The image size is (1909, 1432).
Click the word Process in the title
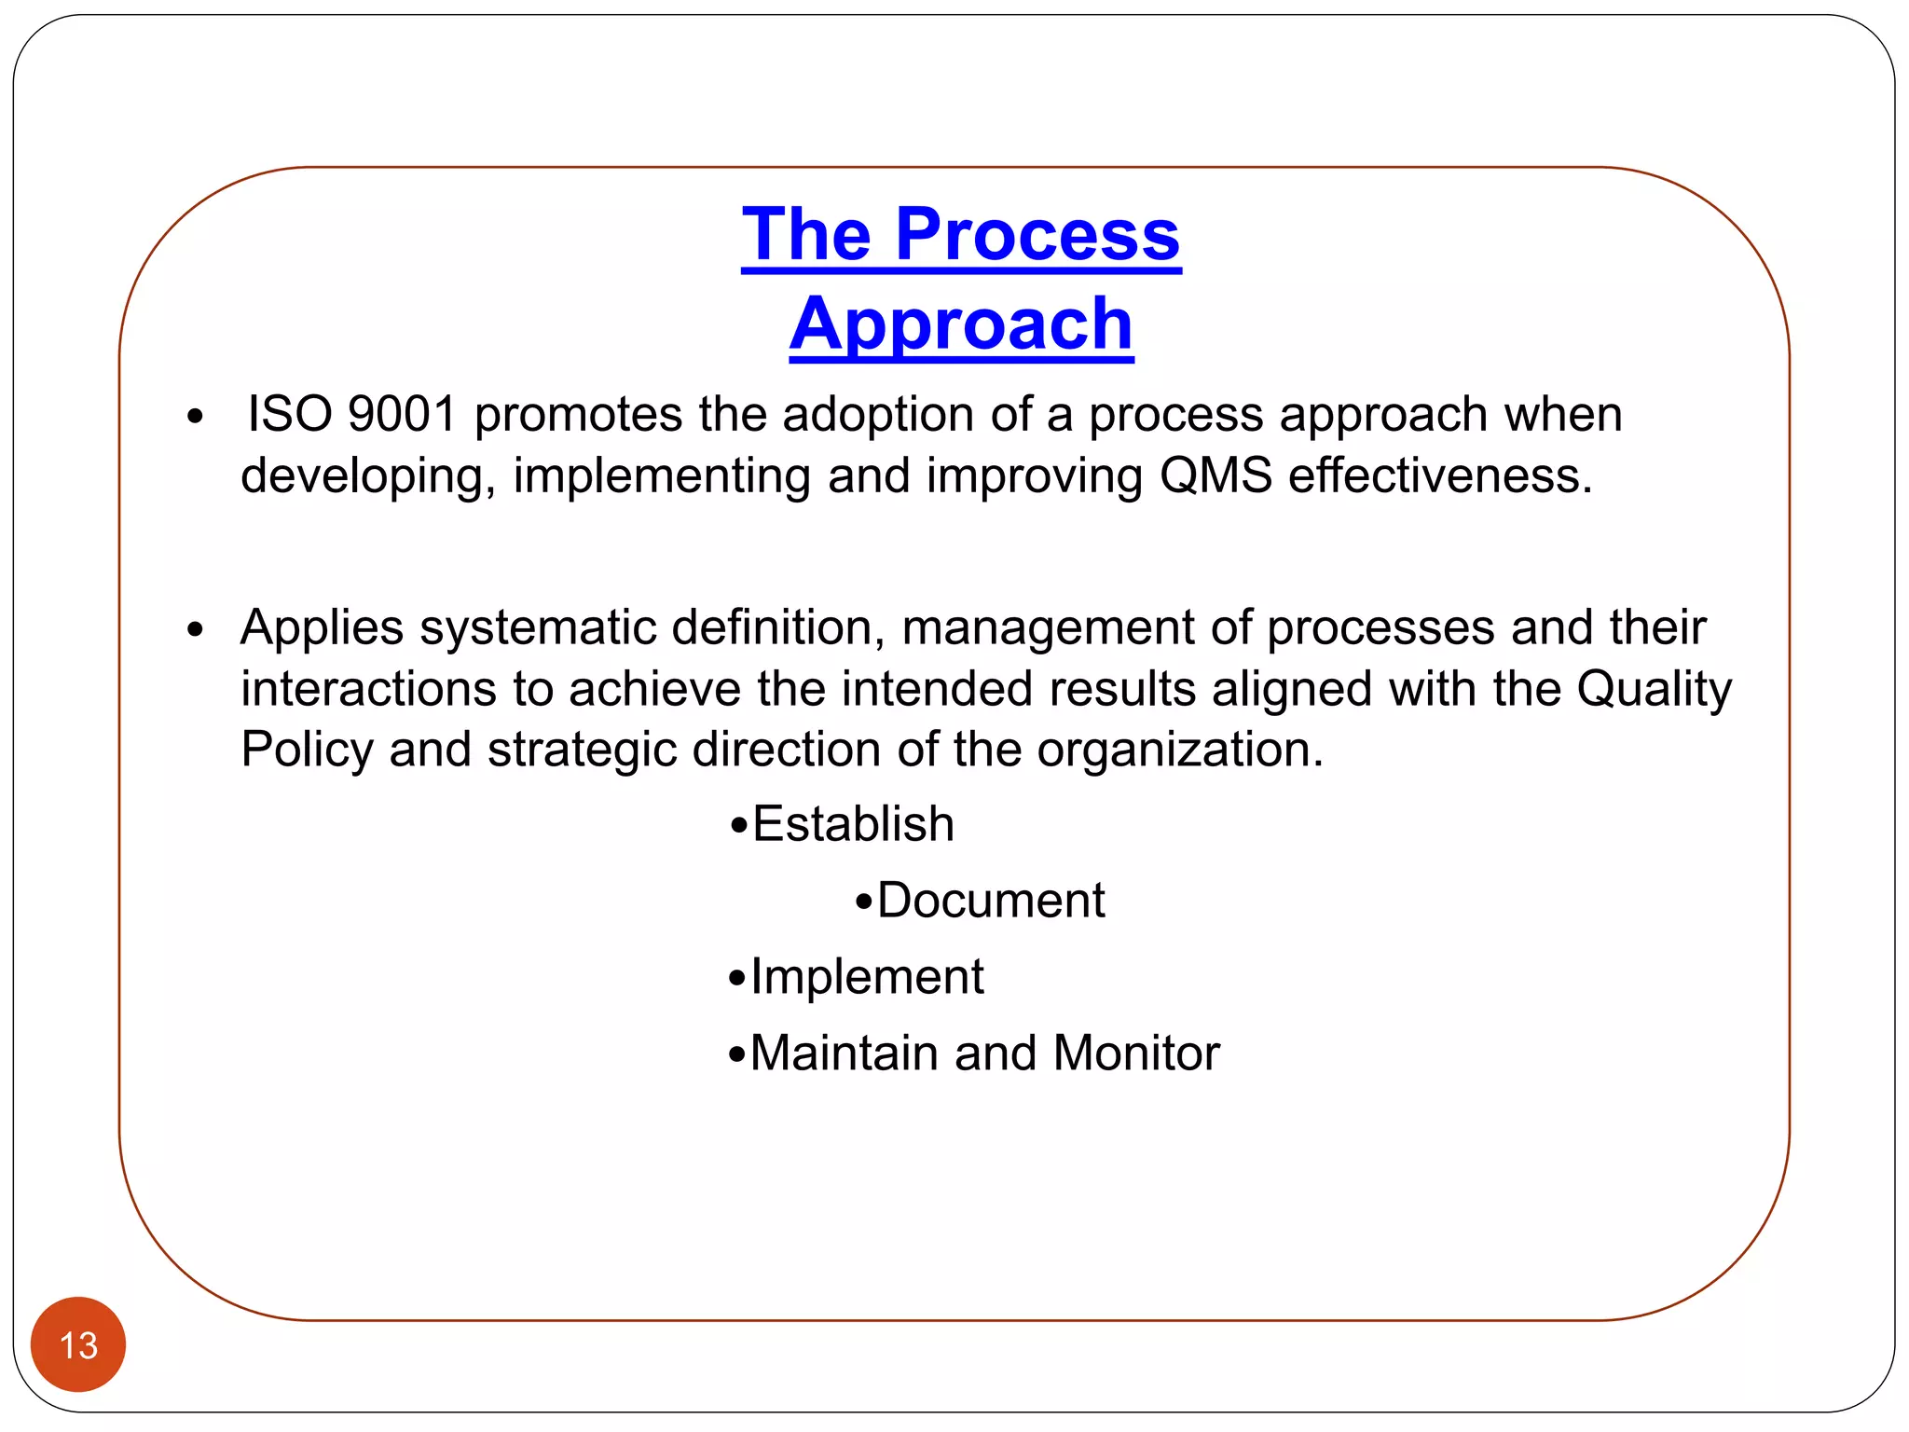pos(1037,235)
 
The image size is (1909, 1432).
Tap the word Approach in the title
pos(961,324)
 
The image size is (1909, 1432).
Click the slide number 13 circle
pos(78,1344)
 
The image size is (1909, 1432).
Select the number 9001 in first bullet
pos(402,414)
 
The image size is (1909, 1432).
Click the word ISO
pos(289,414)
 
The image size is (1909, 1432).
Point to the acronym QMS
pos(1215,475)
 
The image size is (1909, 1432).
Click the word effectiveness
pos(1440,475)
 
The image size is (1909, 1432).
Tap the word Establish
pos(853,824)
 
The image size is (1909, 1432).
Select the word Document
pos(990,901)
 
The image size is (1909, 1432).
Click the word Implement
pos(867,977)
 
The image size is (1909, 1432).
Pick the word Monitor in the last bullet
pos(1136,1053)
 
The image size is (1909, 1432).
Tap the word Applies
pos(322,628)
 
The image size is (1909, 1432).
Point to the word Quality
pos(1654,690)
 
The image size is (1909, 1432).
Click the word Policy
pos(307,750)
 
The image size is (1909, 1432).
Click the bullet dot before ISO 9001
pos(194,417)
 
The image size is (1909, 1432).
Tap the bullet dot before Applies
pos(194,630)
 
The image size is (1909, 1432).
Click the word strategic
pos(582,750)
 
